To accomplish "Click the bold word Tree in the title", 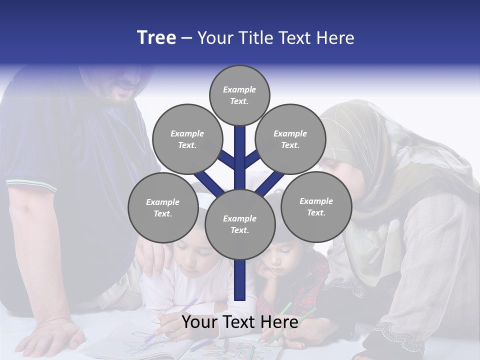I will [156, 38].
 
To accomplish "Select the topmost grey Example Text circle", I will [239, 95].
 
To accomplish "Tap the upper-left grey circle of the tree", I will [187, 139].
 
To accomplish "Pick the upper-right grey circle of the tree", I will [290, 139].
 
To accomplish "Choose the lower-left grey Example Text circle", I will [163, 208].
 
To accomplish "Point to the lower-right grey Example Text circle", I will [316, 207].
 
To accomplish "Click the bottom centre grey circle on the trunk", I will [240, 224].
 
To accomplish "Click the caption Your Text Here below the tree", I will [240, 322].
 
